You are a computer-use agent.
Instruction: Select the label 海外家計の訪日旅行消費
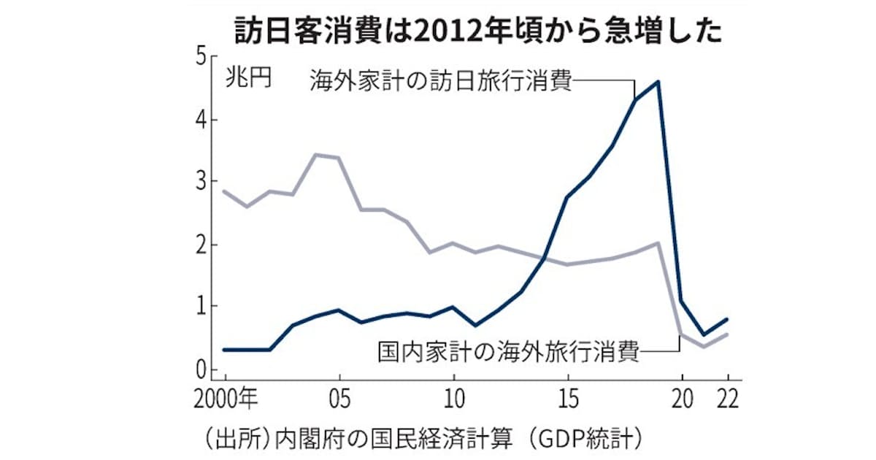coord(439,78)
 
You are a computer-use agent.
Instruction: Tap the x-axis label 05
coord(339,399)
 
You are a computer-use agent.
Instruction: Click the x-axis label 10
coord(453,399)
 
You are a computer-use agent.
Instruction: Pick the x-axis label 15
coord(568,399)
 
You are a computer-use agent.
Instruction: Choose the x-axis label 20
coord(682,399)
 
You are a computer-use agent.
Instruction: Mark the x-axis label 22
coord(726,399)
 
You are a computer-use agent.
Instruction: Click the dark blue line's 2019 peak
coord(659,82)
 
